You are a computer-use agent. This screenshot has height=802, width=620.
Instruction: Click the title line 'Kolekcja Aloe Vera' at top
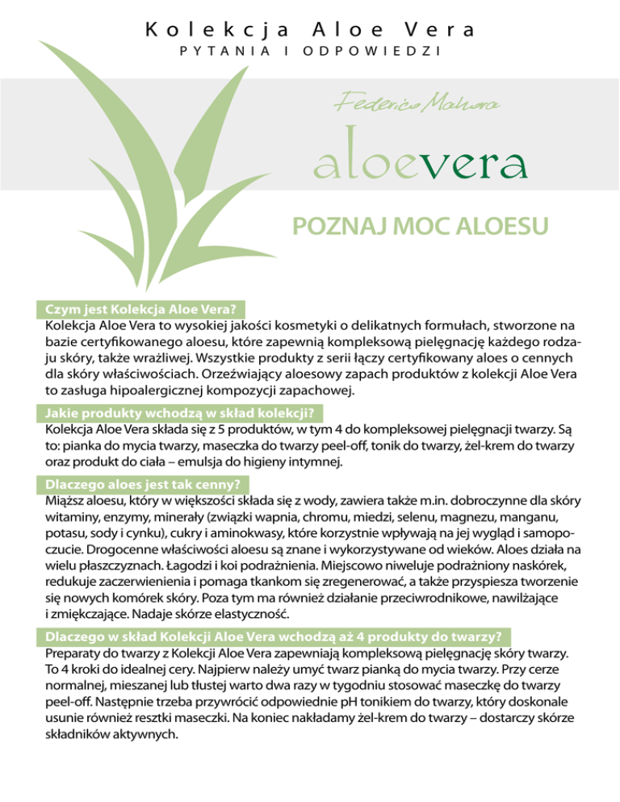pyautogui.click(x=310, y=31)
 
